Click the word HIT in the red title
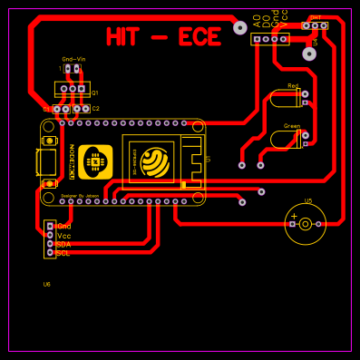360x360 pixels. point(123,37)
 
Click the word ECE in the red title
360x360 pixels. point(199,37)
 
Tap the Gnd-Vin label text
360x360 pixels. point(74,59)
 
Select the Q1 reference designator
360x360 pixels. point(95,92)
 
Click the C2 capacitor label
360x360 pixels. point(95,108)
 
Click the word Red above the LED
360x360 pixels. point(293,86)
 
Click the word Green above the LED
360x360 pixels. point(292,126)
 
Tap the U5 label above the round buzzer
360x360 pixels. point(307,201)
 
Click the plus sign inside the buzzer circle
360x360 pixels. point(294,216)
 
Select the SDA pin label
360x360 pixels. point(63,244)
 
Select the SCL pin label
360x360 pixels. point(63,253)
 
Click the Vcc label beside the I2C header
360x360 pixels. point(63,236)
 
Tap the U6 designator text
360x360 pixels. point(47,284)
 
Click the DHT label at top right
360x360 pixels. point(316,17)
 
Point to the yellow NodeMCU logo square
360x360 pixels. point(95,161)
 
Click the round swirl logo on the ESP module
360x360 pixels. point(155,163)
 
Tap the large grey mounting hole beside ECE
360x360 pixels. point(240,28)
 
